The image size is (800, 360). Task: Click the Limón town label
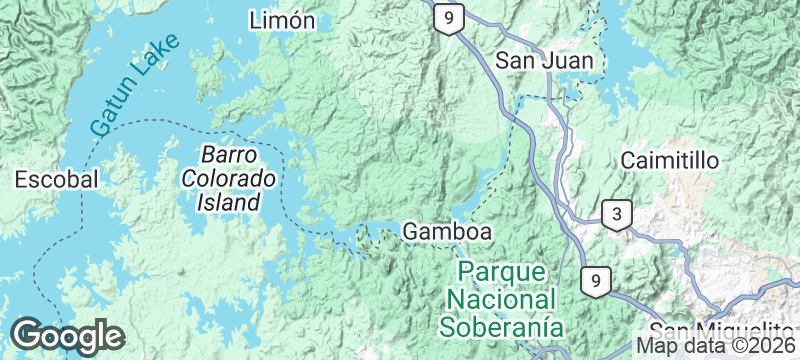pyautogui.click(x=283, y=21)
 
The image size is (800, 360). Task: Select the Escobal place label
pyautogui.click(x=57, y=180)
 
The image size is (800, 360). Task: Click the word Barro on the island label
pyautogui.click(x=229, y=156)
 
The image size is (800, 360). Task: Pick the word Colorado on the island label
pyautogui.click(x=229, y=179)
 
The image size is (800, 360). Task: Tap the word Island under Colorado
pyautogui.click(x=229, y=202)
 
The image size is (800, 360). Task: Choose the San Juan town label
pyautogui.click(x=545, y=61)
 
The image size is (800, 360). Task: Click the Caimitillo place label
pyautogui.click(x=670, y=160)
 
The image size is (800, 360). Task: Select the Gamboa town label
pyautogui.click(x=447, y=232)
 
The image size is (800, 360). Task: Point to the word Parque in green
pyautogui.click(x=502, y=272)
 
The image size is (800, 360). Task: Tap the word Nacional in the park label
pyautogui.click(x=502, y=299)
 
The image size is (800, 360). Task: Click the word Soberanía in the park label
pyautogui.click(x=502, y=326)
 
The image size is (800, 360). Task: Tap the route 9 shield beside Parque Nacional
pyautogui.click(x=594, y=281)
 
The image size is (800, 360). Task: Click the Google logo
pyautogui.click(x=67, y=335)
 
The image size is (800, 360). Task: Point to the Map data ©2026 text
pyautogui.click(x=716, y=346)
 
